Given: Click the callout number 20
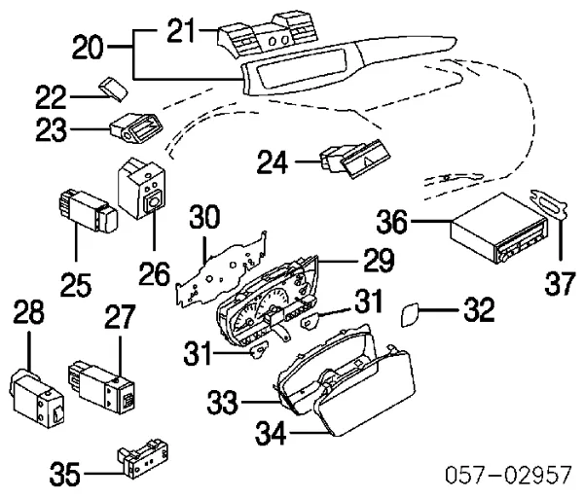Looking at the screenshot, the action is point(88,48).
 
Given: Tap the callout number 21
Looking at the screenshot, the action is point(181,30).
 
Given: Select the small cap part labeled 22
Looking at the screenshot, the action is point(113,89).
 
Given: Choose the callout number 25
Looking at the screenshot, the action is point(76,285).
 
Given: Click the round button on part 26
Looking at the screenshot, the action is point(153,202).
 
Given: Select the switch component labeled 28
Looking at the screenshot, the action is point(36,398).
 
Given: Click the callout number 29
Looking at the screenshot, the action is point(379,261).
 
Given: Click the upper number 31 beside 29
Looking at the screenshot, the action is point(368,301).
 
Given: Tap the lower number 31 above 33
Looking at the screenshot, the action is point(198,353).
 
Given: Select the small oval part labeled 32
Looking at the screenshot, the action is point(410,315).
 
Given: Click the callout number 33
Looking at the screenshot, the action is point(222,403).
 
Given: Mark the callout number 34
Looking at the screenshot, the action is point(271,433).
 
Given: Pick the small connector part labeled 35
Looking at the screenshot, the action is point(143,458).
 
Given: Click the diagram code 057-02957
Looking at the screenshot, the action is point(508,475).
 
